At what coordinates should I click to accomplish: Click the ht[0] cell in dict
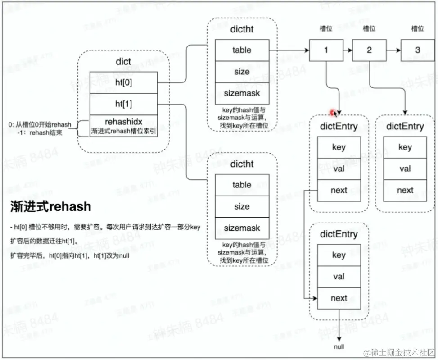(123, 82)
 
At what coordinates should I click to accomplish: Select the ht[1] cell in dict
(123, 104)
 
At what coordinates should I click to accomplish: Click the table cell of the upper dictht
(242, 50)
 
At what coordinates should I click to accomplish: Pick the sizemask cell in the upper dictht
(242, 93)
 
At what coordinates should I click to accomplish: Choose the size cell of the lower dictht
(242, 206)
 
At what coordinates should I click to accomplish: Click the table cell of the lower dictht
(242, 185)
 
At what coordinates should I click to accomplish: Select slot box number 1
(326, 50)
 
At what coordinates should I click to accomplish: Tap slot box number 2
(369, 50)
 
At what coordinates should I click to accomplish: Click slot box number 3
(417, 50)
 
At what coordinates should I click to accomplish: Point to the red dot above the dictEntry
(334, 113)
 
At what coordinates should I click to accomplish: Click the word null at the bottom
(339, 347)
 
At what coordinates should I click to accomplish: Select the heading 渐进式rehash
(51, 206)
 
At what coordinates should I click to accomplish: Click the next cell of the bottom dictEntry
(339, 298)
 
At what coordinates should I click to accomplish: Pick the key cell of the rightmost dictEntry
(405, 147)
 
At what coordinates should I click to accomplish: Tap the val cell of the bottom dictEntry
(339, 277)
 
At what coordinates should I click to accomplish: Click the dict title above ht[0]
(123, 61)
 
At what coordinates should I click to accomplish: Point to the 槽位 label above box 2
(369, 28)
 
